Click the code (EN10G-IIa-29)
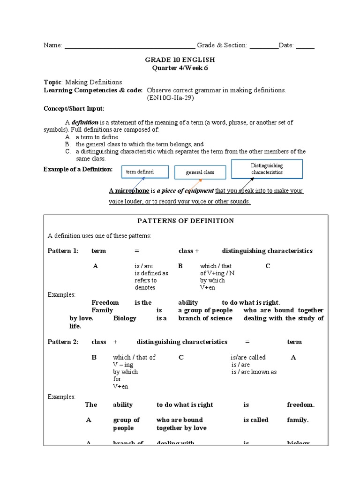(x=170, y=98)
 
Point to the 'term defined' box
(x=140, y=172)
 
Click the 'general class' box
(x=200, y=172)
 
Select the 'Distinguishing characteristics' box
(x=267, y=169)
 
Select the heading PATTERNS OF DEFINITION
(x=185, y=221)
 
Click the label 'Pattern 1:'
(x=63, y=251)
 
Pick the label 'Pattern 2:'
(x=63, y=342)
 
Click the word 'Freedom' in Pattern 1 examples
(x=105, y=302)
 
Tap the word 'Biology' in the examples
(x=125, y=318)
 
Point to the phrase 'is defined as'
(x=151, y=273)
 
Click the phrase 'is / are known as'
(x=254, y=372)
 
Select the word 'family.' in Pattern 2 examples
(x=298, y=420)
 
